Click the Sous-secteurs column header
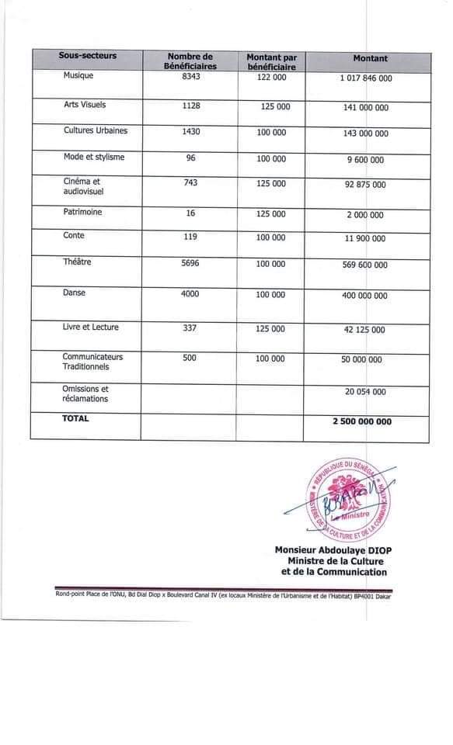point(87,57)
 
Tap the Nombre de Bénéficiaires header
point(190,62)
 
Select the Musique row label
point(78,76)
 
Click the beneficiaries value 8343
point(190,76)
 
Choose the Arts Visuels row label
point(85,105)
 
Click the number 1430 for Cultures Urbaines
point(190,132)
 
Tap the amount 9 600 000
point(364,160)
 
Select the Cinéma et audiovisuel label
point(83,185)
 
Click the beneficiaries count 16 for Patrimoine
point(190,213)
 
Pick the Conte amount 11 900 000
point(364,239)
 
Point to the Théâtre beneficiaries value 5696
point(190,263)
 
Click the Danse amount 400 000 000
point(365,296)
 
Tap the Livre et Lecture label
point(91,327)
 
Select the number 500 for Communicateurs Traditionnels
point(190,358)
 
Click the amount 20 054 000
point(364,393)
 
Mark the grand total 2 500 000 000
point(362,422)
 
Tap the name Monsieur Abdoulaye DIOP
point(330,550)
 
